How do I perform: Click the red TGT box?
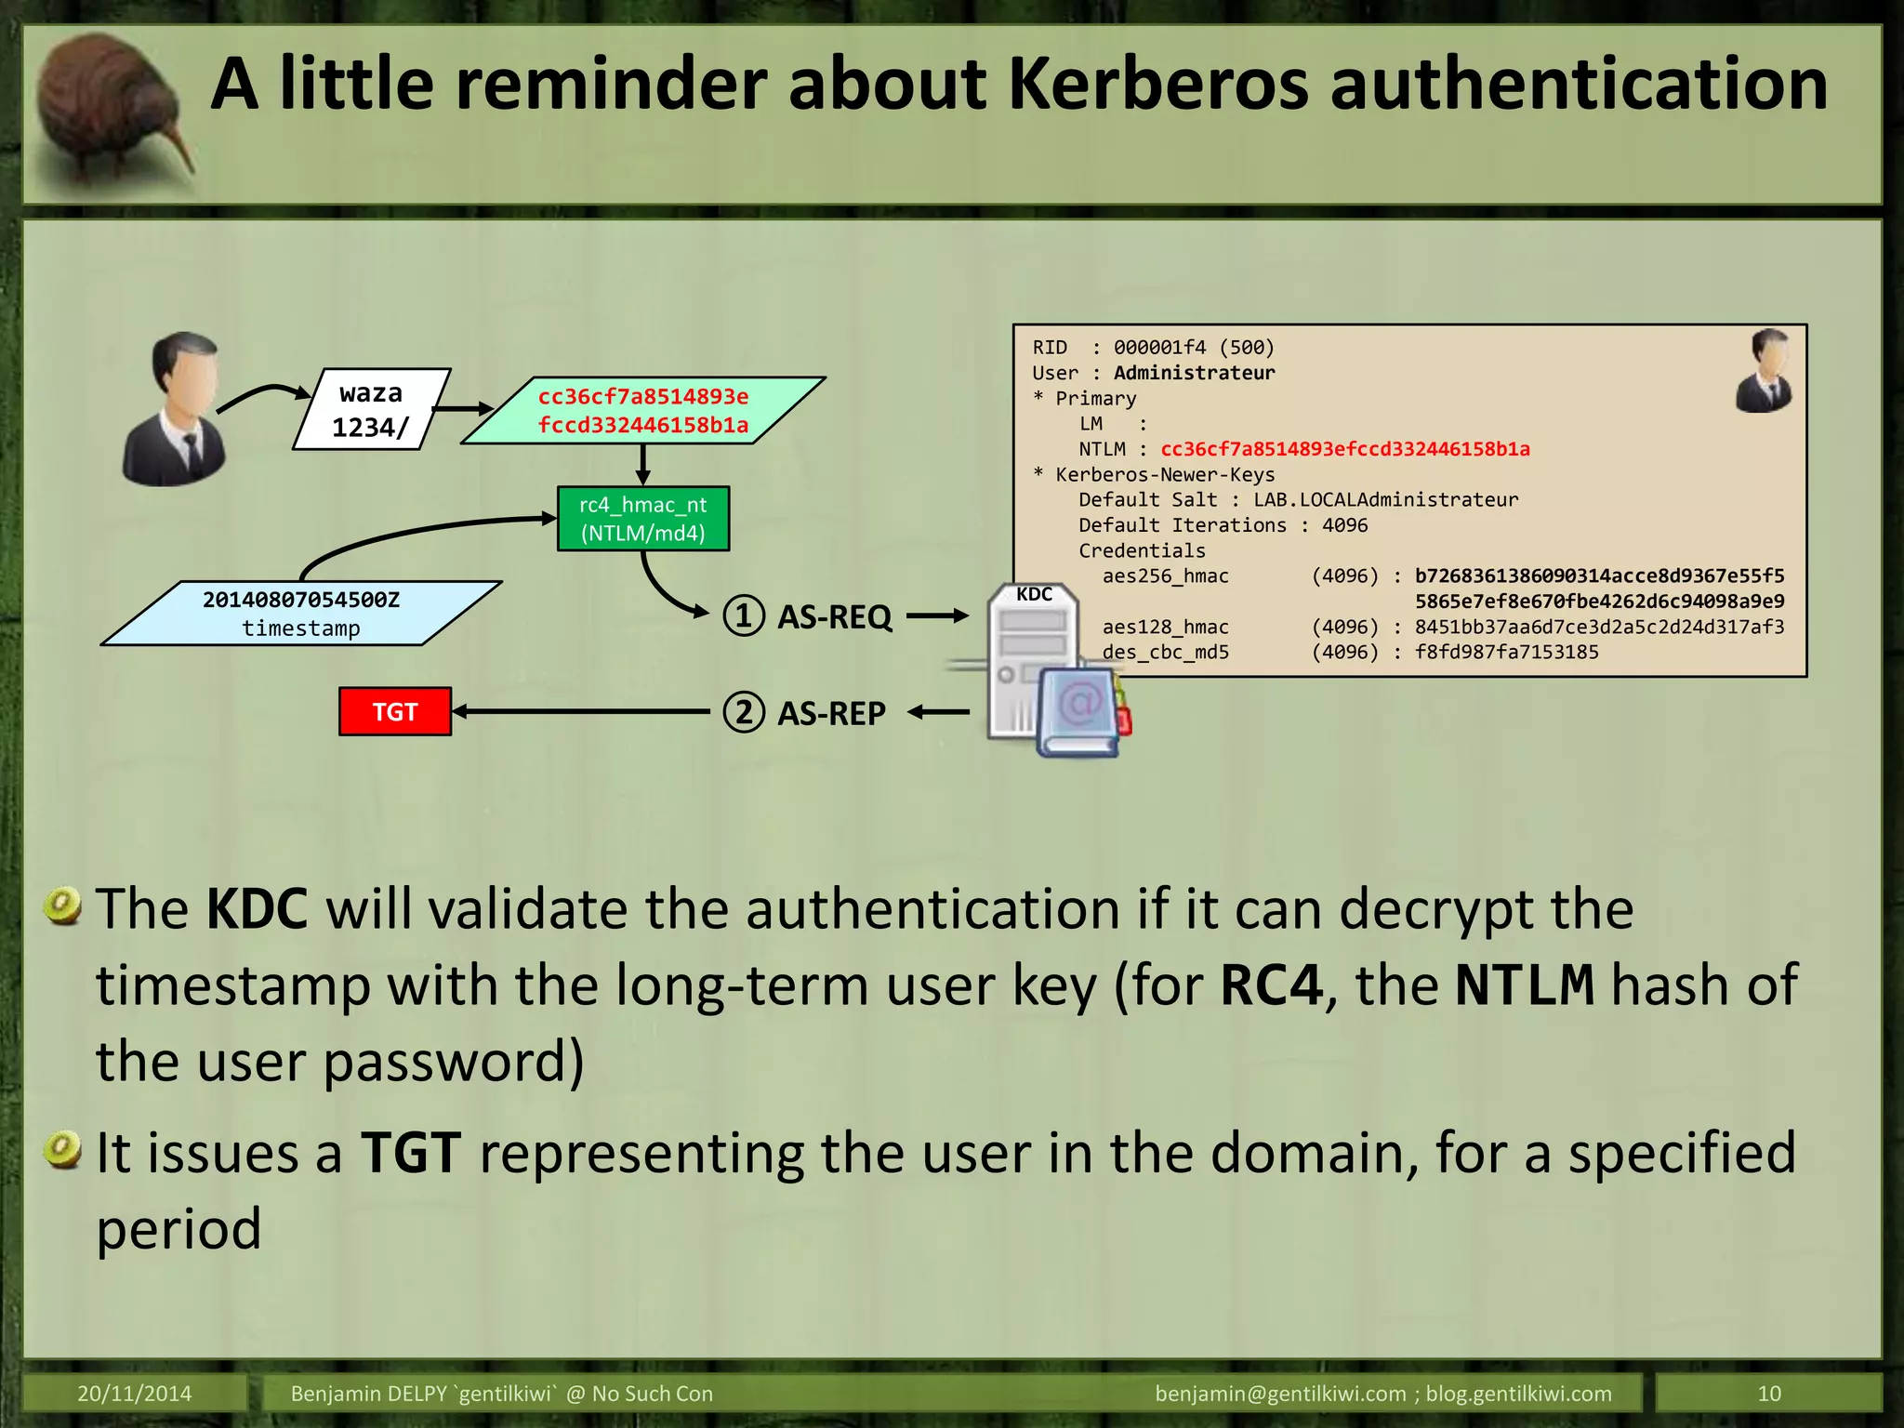(x=395, y=712)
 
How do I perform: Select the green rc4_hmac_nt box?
(x=643, y=519)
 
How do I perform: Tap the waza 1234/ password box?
(x=371, y=410)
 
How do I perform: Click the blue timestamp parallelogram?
(x=301, y=614)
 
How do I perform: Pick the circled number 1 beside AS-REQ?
(x=744, y=616)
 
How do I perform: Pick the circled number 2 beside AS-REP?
(x=744, y=713)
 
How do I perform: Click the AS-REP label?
(x=831, y=713)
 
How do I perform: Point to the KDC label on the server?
(x=1034, y=595)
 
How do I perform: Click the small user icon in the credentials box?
(x=1765, y=371)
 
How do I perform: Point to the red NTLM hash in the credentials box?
(x=1344, y=449)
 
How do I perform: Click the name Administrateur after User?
(x=1194, y=373)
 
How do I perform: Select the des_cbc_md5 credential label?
(x=1166, y=653)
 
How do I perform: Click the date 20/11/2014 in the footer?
(x=135, y=1394)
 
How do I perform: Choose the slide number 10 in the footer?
(x=1768, y=1394)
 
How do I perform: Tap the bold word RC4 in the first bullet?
(x=1271, y=985)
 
